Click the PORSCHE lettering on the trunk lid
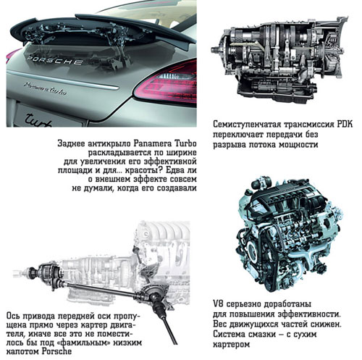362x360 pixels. pos(54,60)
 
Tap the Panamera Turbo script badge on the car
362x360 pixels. pos(45,88)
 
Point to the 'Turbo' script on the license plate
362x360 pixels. pos(38,120)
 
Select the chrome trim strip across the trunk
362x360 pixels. pos(63,80)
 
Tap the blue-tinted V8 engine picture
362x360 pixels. pos(289,234)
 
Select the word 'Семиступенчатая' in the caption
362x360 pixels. pos(247,125)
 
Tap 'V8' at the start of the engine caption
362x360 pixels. pos(218,304)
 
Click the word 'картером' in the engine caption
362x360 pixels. pos(231,345)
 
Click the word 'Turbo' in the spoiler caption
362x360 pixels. pos(185,143)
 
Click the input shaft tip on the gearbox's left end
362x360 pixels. pos(213,50)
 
